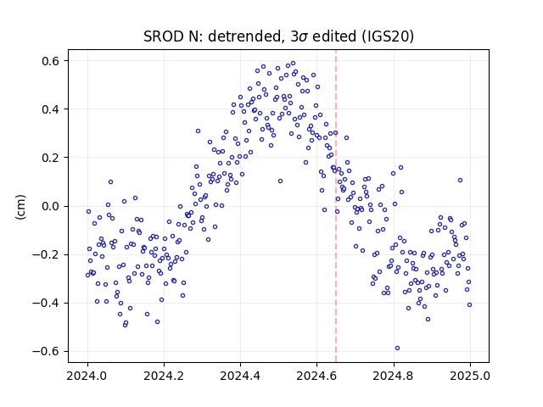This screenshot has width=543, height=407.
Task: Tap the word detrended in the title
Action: [x=244, y=36]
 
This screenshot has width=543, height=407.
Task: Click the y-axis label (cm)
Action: [x=20, y=207]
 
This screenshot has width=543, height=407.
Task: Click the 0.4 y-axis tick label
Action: [x=51, y=109]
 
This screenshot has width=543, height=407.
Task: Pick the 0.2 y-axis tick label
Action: [x=51, y=158]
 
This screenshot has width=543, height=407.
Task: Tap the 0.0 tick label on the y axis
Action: [x=51, y=206]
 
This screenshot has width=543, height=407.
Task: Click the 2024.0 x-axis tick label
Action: [x=87, y=376]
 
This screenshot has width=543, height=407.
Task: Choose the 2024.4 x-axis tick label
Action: [x=240, y=376]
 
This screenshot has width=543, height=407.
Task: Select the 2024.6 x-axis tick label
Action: [x=316, y=376]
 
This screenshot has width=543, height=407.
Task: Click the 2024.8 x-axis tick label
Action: [x=394, y=376]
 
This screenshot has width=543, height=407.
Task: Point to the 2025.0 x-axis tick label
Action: [x=470, y=376]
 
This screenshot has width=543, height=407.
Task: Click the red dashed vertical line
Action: [x=336, y=206]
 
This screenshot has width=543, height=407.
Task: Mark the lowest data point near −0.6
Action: [x=397, y=348]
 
